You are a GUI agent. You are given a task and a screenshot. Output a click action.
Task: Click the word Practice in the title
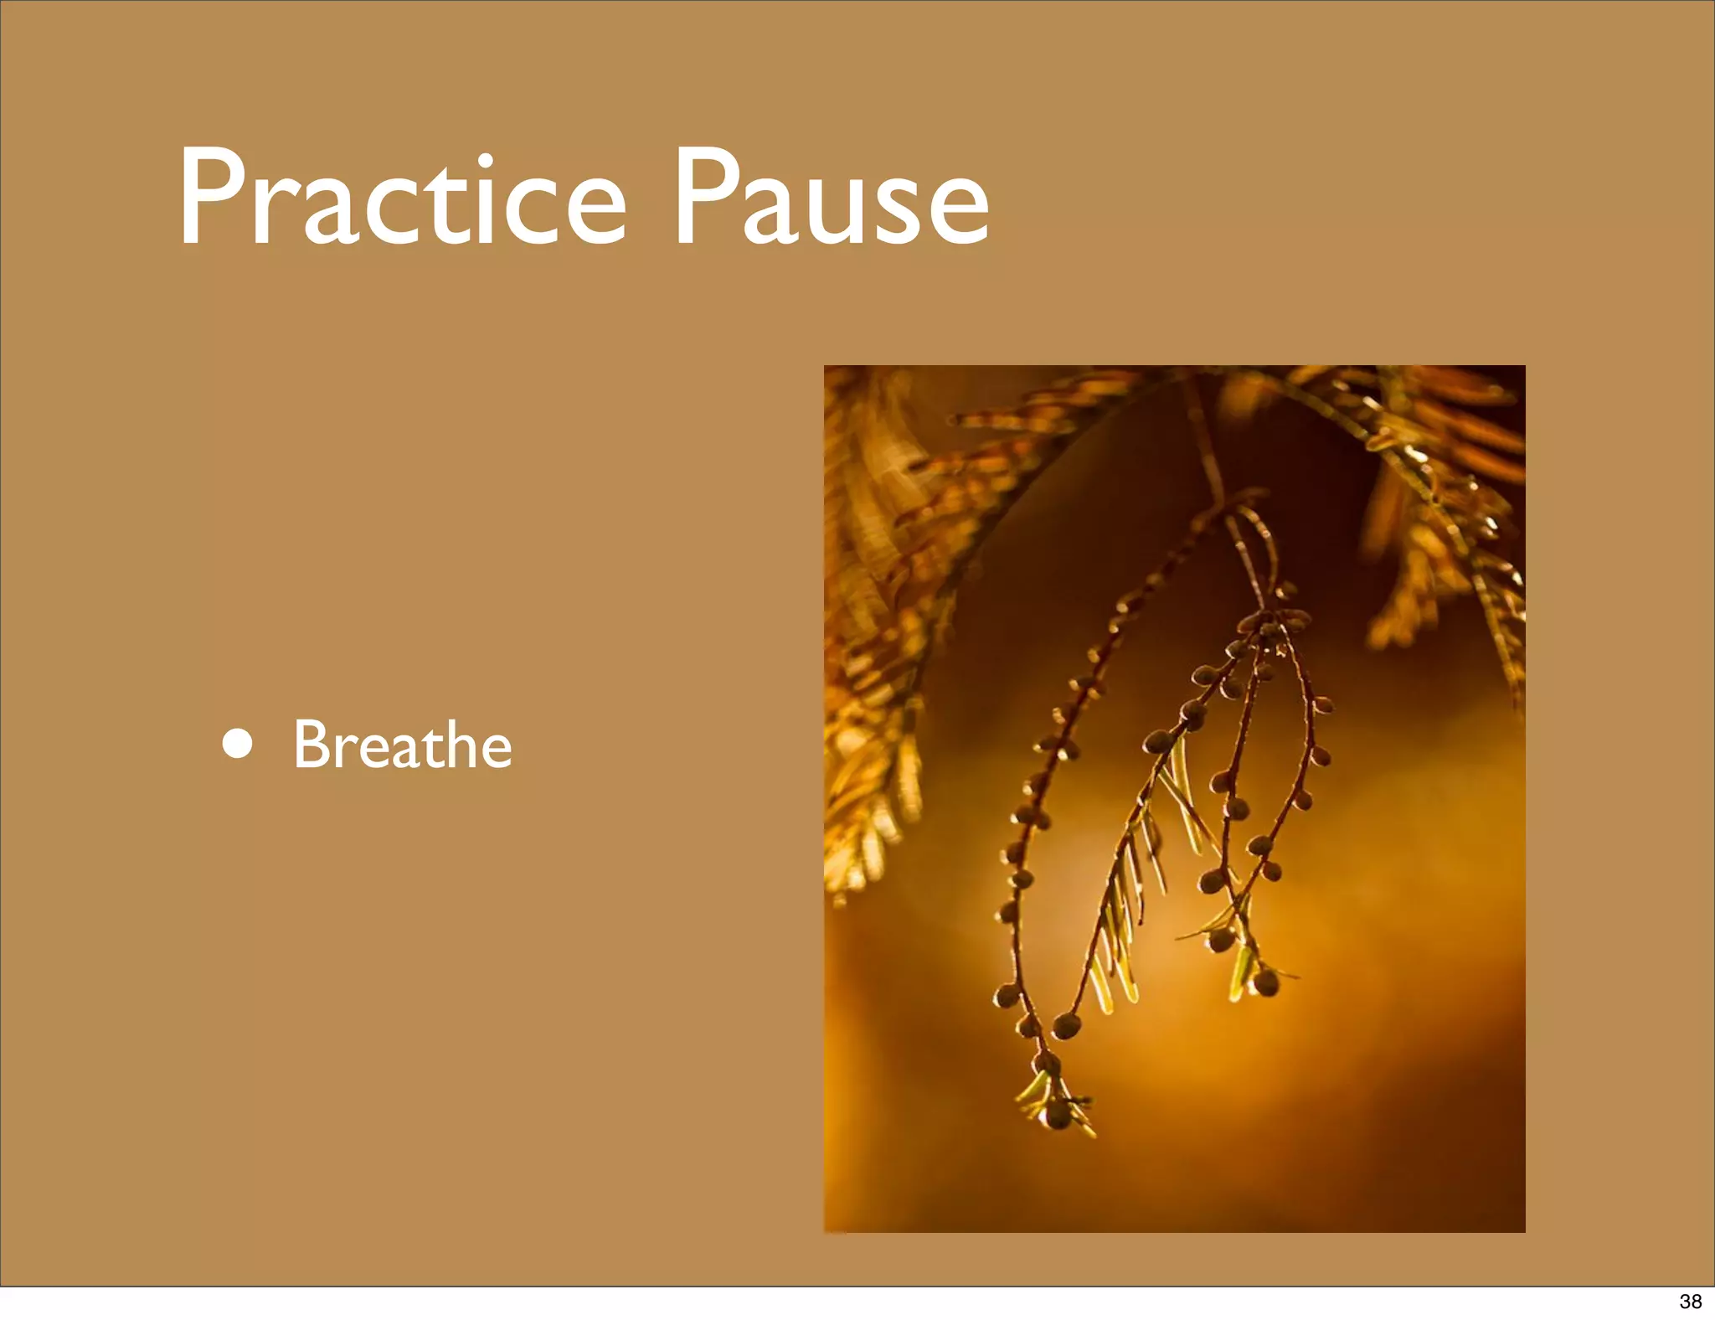click(x=402, y=198)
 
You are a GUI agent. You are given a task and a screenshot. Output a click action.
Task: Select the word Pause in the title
click(x=831, y=198)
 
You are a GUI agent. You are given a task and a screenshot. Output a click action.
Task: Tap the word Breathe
click(x=402, y=745)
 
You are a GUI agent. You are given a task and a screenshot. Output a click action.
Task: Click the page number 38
click(x=1690, y=1301)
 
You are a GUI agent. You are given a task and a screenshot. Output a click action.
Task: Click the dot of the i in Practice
click(x=483, y=158)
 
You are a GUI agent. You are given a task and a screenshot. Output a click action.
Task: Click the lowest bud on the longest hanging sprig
click(x=1058, y=1114)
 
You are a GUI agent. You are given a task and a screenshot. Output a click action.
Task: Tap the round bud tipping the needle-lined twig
click(x=1066, y=1024)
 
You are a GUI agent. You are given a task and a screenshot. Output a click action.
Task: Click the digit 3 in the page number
click(x=1684, y=1301)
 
